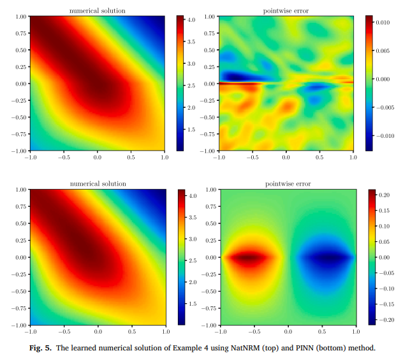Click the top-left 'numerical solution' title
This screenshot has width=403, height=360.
click(97, 10)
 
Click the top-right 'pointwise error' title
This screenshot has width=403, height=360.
click(287, 10)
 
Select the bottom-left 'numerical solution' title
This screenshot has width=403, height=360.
click(97, 184)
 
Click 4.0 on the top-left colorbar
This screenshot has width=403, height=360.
click(190, 21)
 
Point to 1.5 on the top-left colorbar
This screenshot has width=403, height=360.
click(190, 130)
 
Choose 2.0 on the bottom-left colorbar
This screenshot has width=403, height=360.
click(190, 281)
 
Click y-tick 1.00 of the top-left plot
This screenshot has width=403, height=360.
click(18, 17)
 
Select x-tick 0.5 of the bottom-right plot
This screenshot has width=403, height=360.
click(322, 332)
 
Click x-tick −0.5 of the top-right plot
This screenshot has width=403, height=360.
click(253, 157)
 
